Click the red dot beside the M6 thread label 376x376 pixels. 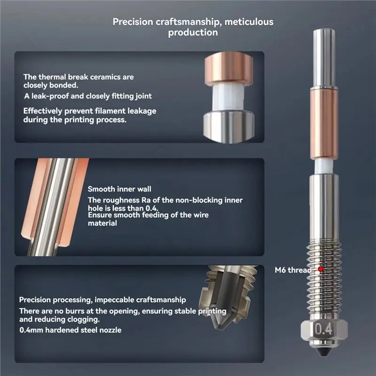click(321, 269)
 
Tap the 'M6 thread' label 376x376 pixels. click(293, 270)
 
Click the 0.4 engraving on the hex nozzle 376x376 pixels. click(323, 329)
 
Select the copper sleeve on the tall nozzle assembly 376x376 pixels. click(324, 124)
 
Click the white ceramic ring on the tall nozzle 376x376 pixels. click(324, 167)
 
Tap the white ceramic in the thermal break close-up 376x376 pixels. click(228, 98)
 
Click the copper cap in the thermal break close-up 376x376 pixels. click(228, 68)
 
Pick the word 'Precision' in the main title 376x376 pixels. click(133, 22)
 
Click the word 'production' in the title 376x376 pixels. click(193, 32)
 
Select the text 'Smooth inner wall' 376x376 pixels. click(119, 189)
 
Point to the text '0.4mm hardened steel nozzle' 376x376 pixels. click(70, 330)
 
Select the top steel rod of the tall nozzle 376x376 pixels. click(324, 59)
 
